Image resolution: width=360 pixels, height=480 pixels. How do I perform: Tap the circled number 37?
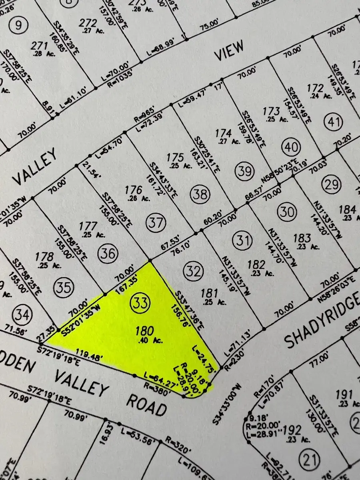[x=154, y=221]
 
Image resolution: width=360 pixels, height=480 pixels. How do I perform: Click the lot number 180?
[x=145, y=331]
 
